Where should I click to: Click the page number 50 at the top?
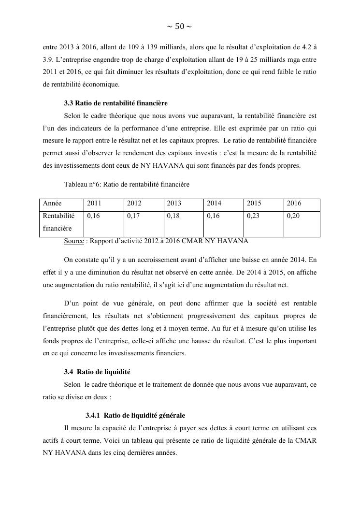(179, 27)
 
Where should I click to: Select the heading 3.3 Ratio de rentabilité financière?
(115, 103)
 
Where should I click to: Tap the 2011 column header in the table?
(94, 204)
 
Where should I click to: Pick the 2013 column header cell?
(174, 204)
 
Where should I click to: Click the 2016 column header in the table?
(294, 204)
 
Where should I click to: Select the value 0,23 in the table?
(253, 216)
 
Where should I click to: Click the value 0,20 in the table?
(293, 216)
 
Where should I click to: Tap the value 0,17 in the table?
(133, 216)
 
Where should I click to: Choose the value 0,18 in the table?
(173, 216)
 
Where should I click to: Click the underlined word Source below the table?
(73, 241)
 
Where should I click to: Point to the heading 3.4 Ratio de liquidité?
(97, 372)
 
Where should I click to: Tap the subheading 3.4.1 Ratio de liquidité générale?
(135, 415)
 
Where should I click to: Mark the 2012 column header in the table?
(134, 204)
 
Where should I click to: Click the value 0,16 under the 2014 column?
(213, 216)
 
